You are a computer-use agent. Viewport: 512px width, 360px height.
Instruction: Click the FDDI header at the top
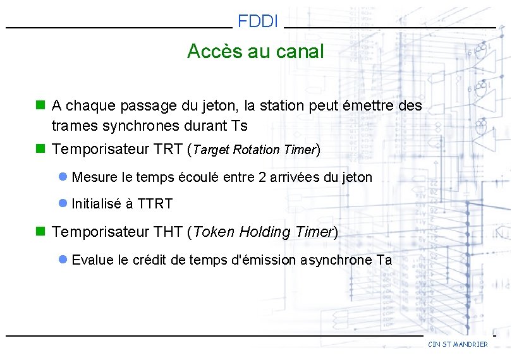(x=258, y=22)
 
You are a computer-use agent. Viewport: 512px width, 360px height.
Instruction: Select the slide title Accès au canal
(x=255, y=51)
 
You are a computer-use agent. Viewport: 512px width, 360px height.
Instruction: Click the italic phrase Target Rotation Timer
(x=253, y=150)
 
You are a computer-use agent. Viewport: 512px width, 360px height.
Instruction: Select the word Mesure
(x=94, y=177)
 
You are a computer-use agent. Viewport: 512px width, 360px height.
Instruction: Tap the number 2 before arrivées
(x=263, y=177)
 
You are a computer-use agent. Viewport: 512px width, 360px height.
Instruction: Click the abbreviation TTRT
(x=155, y=204)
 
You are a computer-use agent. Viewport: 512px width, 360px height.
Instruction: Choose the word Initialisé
(x=97, y=204)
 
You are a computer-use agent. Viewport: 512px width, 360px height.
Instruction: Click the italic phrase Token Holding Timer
(x=262, y=232)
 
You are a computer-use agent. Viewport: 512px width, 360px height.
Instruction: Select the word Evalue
(x=94, y=260)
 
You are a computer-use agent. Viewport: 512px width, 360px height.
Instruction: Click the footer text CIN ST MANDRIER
(x=458, y=344)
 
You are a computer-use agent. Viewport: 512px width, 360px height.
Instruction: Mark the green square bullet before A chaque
(x=41, y=105)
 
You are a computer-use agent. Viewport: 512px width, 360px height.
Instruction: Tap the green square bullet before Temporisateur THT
(x=41, y=232)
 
